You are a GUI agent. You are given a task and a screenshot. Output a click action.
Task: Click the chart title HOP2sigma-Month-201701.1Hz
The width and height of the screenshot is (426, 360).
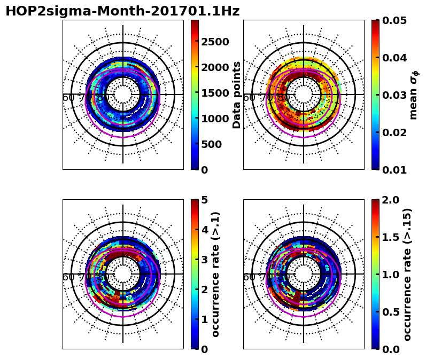[122, 11]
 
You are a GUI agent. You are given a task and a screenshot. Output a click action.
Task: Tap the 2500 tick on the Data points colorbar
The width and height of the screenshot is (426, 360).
[215, 42]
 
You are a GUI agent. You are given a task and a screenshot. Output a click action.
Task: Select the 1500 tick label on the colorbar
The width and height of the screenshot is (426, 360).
[215, 93]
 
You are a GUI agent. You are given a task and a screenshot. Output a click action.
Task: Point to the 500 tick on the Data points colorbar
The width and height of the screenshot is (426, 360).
[212, 144]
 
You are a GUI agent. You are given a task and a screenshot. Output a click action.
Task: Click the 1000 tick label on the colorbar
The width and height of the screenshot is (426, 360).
[215, 119]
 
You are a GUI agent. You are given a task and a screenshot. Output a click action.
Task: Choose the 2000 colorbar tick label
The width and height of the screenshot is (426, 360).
[215, 67]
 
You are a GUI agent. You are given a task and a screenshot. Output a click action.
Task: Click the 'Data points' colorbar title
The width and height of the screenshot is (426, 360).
[237, 95]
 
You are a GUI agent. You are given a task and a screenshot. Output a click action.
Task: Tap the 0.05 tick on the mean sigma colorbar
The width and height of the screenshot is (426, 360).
[393, 21]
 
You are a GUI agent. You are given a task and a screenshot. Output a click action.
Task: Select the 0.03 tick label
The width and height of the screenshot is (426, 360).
[393, 95]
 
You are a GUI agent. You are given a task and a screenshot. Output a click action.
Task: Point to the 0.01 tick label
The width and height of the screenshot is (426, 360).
[393, 170]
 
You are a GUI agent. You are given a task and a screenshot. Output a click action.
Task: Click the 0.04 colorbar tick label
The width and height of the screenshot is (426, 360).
[393, 58]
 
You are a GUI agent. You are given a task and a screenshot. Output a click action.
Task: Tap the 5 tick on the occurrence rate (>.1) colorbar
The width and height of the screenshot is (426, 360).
[204, 200]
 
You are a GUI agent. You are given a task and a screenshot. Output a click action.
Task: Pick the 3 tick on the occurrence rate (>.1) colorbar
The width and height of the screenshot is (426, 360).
[204, 260]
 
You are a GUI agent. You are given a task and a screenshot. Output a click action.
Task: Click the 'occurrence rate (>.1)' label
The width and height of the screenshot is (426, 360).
[216, 274]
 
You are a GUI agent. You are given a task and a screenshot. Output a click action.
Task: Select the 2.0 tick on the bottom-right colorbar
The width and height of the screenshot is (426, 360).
[390, 200]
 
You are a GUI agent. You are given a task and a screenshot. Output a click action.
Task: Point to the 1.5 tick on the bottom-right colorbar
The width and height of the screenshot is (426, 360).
[390, 237]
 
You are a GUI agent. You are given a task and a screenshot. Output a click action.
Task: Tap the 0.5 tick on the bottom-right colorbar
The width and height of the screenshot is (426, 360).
[390, 311]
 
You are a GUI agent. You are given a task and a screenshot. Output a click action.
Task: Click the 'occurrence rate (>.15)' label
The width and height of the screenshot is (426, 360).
[407, 274]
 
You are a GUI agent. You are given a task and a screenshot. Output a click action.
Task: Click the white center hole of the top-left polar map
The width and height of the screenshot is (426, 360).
[123, 95]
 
